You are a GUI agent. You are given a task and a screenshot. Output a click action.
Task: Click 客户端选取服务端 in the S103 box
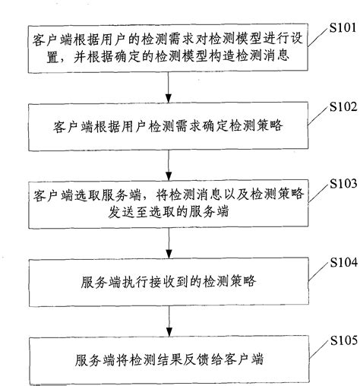click(x=81, y=196)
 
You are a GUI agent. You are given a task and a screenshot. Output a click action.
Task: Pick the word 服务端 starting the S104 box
click(x=97, y=282)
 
